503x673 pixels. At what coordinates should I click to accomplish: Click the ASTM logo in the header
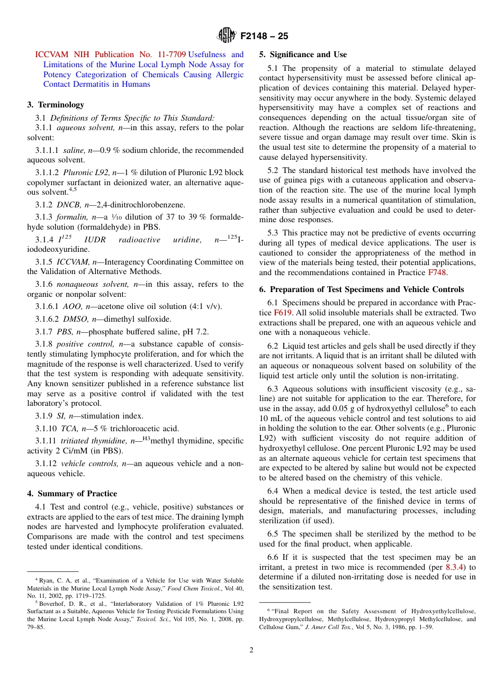click(226, 36)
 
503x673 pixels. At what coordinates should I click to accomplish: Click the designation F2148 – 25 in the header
click(264, 37)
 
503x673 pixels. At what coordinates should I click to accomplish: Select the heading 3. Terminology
click(56, 105)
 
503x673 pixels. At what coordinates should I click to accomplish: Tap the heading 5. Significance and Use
click(303, 54)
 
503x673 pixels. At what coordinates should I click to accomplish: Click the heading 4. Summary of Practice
click(72, 494)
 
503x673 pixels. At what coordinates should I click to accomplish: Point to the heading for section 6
click(362, 289)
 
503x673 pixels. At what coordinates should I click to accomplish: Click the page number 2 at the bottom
click(251, 650)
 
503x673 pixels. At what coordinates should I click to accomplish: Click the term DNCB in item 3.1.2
click(67, 204)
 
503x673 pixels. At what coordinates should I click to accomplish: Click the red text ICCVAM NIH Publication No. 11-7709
click(110, 54)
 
